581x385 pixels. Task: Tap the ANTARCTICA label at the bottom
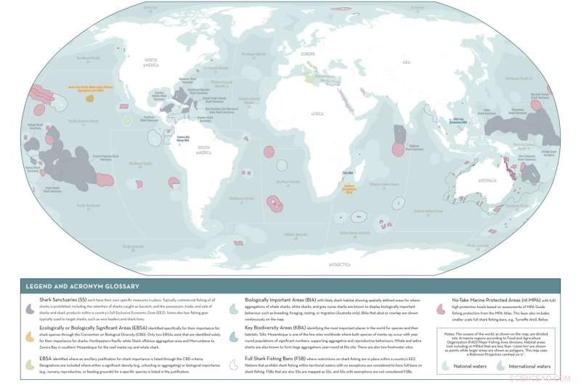(339, 264)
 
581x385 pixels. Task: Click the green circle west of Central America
(127, 121)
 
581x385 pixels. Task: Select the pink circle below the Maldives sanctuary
(397, 149)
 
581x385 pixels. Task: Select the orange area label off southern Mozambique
(348, 187)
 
